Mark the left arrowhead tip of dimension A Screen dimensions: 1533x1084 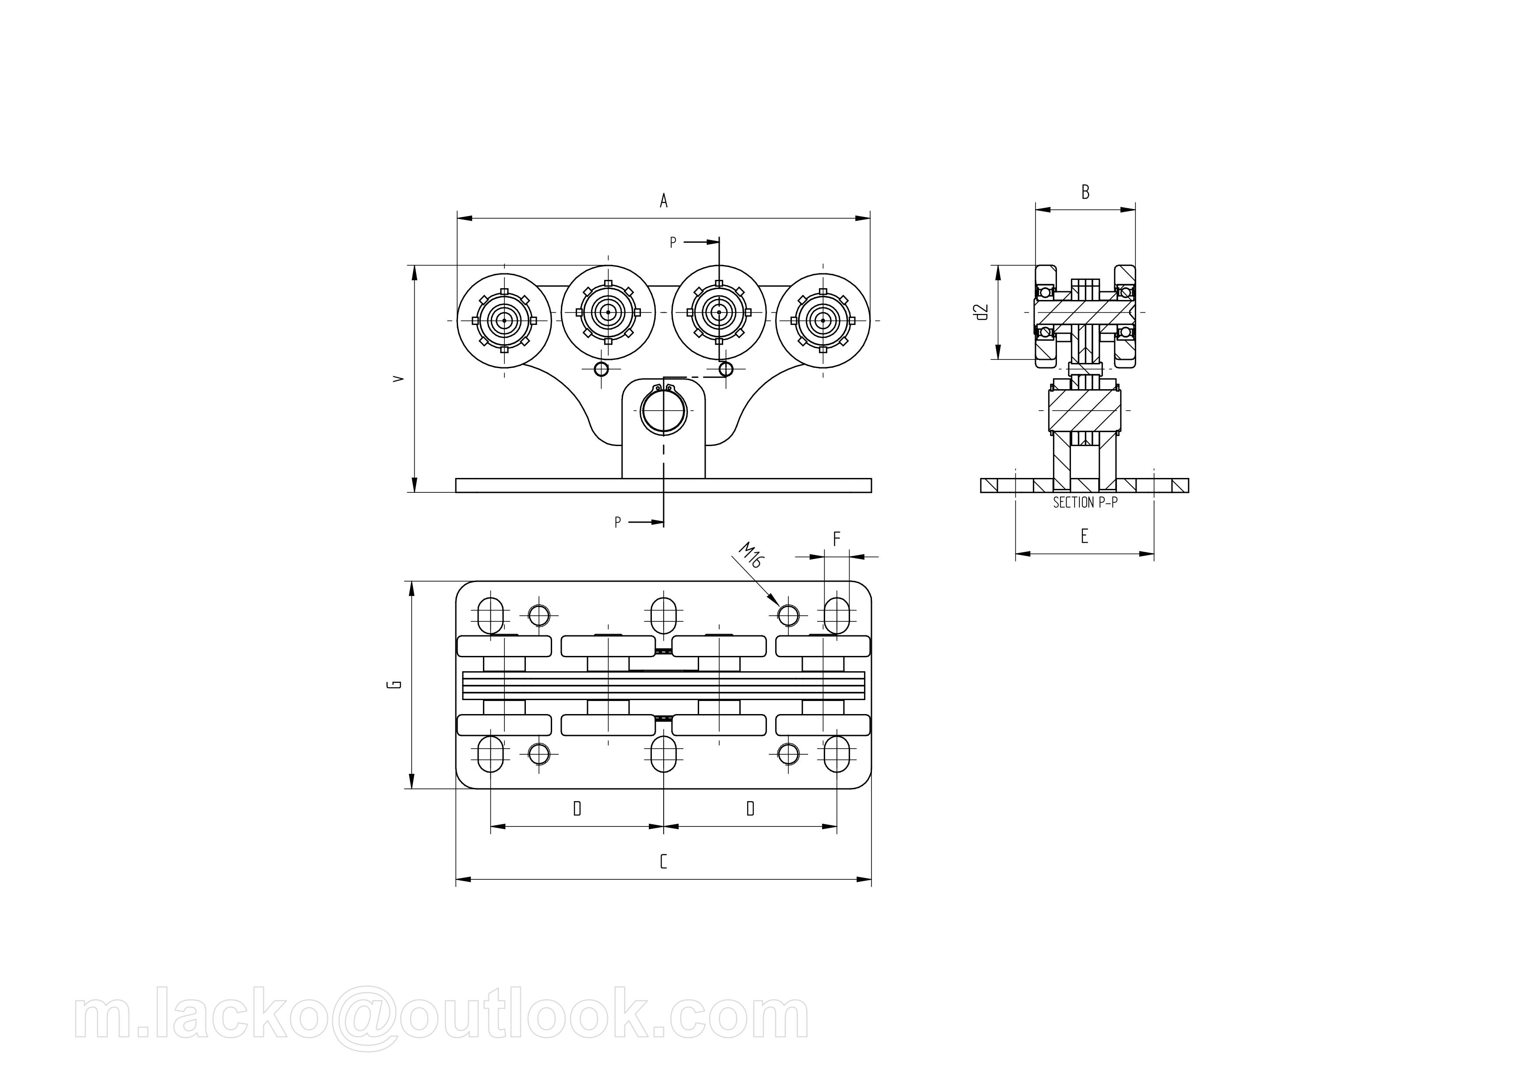click(457, 218)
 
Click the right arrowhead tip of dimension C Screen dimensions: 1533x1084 click(871, 879)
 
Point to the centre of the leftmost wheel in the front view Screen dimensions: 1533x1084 click(504, 321)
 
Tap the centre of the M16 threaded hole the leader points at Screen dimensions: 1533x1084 click(788, 614)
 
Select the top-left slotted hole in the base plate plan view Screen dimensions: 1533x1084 click(491, 614)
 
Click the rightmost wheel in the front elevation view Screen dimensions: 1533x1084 click(822, 321)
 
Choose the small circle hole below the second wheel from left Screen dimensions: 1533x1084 click(602, 369)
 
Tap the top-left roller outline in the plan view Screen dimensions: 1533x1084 click(504, 646)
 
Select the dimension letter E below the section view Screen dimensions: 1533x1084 click(1084, 536)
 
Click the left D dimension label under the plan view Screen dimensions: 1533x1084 click(577, 809)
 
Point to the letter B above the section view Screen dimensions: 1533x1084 click(1085, 192)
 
